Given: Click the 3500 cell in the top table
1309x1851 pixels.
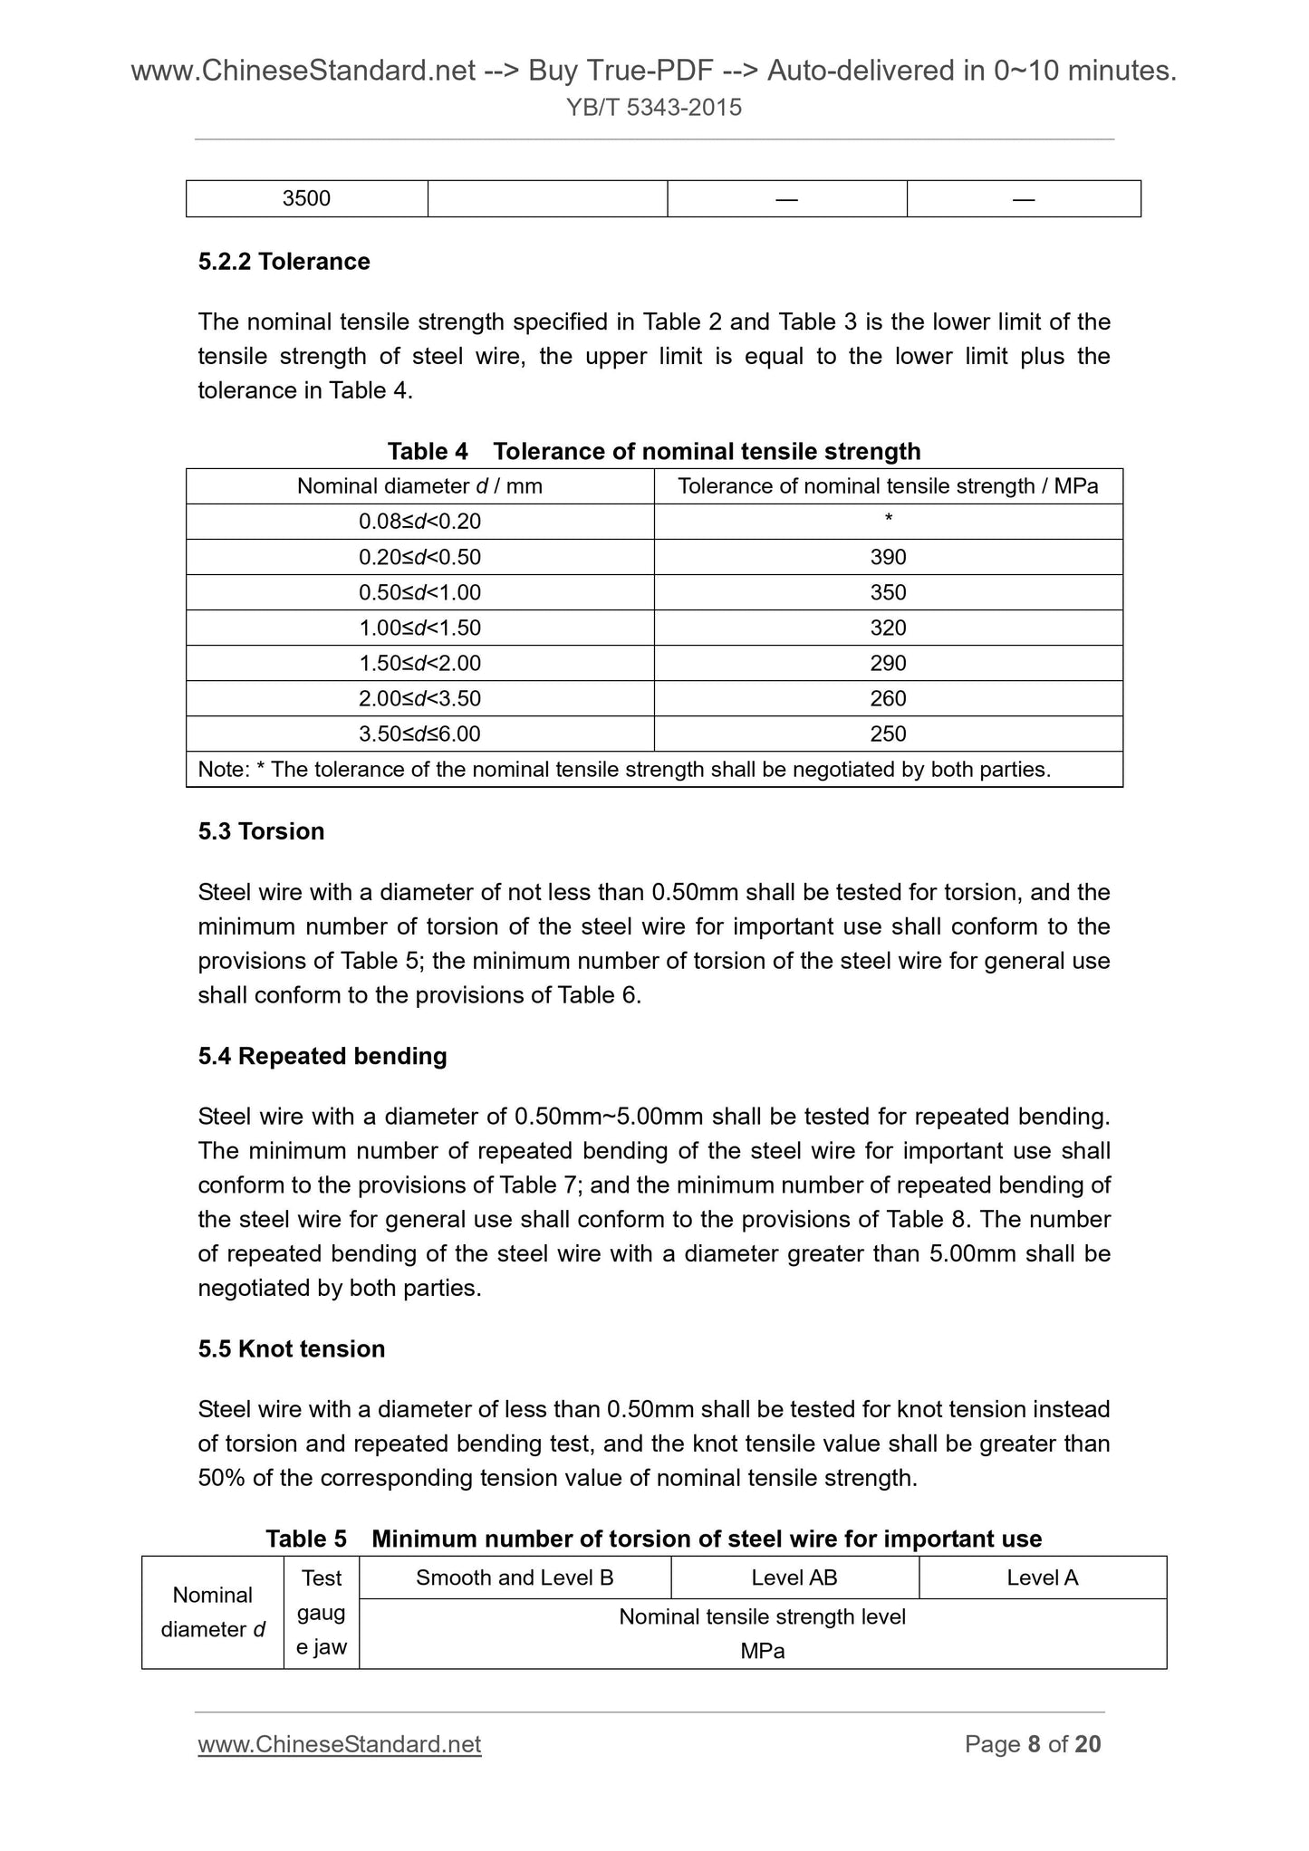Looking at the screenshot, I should click(x=306, y=198).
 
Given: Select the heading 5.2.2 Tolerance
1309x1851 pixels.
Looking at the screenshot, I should click(x=284, y=262).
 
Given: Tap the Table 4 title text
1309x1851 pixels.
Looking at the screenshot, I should click(x=653, y=451).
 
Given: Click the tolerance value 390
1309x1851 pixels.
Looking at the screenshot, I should click(x=888, y=557).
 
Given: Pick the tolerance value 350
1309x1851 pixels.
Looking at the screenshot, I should click(x=888, y=592).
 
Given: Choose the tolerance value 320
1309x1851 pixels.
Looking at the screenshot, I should click(x=888, y=628).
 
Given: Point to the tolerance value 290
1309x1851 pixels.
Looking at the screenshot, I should click(x=888, y=663).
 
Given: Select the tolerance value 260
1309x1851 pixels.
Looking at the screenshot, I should click(x=888, y=698).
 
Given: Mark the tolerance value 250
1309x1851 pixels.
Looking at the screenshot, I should click(x=888, y=734).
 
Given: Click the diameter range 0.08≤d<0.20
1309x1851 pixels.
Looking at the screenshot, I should click(x=419, y=522).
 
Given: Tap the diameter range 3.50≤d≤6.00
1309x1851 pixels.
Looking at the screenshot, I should click(x=419, y=734).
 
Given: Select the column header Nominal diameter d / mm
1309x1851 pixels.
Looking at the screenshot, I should click(x=419, y=486).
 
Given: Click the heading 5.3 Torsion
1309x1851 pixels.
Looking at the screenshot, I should click(x=261, y=831).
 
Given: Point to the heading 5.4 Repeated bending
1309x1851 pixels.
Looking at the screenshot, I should click(x=322, y=1056).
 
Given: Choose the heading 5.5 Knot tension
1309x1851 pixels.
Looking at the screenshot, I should click(x=292, y=1348).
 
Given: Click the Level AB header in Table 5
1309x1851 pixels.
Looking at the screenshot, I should click(x=794, y=1578).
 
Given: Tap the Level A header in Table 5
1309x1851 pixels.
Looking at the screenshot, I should click(x=1042, y=1578).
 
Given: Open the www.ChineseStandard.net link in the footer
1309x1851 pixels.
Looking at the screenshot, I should click(x=339, y=1744).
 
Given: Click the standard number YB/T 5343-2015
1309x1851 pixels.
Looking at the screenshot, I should click(x=653, y=108).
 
